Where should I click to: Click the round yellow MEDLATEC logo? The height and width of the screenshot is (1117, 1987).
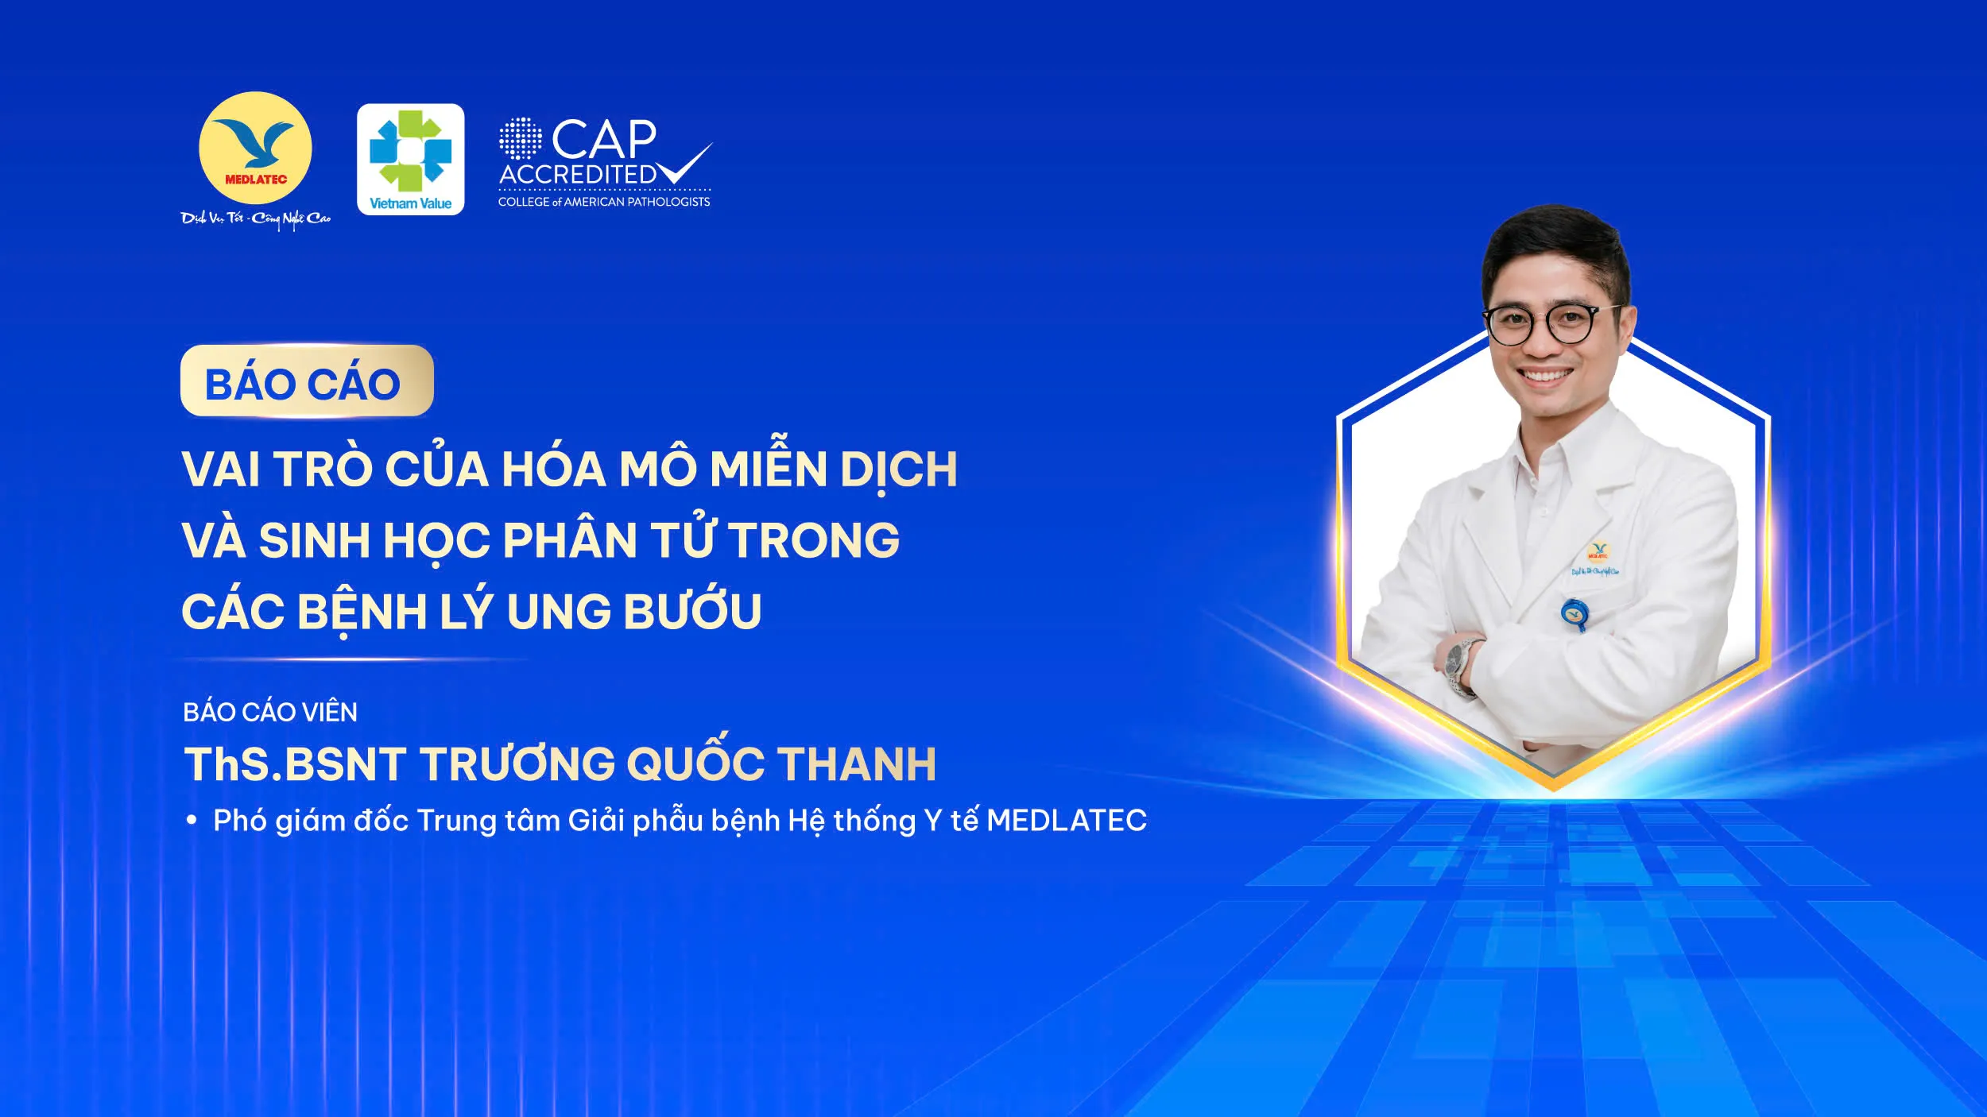coord(255,149)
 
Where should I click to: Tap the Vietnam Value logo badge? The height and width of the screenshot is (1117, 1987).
coord(410,159)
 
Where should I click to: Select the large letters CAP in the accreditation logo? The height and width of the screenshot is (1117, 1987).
coord(604,140)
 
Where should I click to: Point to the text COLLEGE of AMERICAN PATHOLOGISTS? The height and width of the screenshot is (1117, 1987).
coord(604,202)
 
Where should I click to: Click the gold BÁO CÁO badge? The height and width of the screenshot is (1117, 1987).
coord(307,381)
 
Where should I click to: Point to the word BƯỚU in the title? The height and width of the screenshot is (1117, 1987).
coord(693,610)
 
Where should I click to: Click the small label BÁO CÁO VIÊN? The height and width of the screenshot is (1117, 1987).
coord(270,712)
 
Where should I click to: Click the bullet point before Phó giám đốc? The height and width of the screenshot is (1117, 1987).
coord(192,821)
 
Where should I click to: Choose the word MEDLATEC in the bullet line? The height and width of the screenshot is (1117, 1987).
coord(1067,821)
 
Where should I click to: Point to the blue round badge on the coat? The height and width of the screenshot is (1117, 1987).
coord(1574,613)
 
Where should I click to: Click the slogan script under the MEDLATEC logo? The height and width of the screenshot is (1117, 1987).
coord(255,218)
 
